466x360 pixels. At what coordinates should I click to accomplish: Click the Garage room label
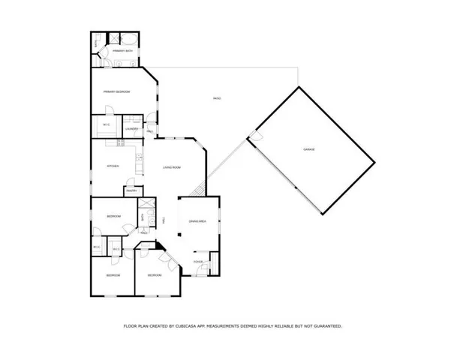pos(308,150)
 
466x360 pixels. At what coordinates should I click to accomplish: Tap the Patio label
pos(217,99)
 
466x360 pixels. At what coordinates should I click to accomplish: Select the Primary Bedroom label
pos(117,91)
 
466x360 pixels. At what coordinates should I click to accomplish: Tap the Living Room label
pos(172,167)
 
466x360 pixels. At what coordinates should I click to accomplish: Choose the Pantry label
pos(131,191)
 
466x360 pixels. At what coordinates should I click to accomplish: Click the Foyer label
pos(198,262)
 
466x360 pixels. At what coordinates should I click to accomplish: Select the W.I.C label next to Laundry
pos(104,125)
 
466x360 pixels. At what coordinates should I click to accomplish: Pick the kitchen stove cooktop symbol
pos(139,158)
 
